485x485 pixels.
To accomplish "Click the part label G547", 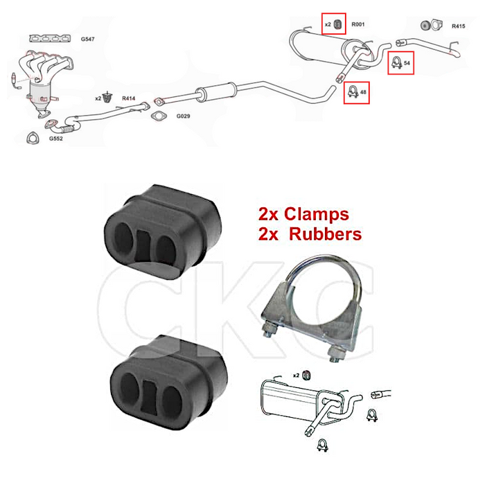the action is point(87,39).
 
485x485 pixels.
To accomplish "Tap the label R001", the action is point(358,24).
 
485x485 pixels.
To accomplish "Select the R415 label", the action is point(459,26).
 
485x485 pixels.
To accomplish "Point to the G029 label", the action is point(183,116).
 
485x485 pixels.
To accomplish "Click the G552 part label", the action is point(55,139).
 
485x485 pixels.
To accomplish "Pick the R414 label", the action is point(129,98).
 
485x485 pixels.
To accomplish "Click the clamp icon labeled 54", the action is point(396,63).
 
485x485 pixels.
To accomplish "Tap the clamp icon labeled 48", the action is point(353,91).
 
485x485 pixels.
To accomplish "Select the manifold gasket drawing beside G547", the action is point(50,38).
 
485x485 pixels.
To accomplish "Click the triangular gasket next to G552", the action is point(32,138).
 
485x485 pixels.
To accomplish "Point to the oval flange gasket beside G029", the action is point(159,116).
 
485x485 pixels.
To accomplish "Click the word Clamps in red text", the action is point(317,214).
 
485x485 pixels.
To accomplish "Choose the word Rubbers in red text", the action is point(325,234).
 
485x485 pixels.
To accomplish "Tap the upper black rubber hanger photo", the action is point(163,232).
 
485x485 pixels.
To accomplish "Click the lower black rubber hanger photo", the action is point(169,382).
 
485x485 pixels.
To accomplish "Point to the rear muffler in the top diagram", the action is point(330,48).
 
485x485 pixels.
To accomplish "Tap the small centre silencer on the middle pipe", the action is point(215,91).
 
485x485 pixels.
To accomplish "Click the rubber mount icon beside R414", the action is point(107,98).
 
